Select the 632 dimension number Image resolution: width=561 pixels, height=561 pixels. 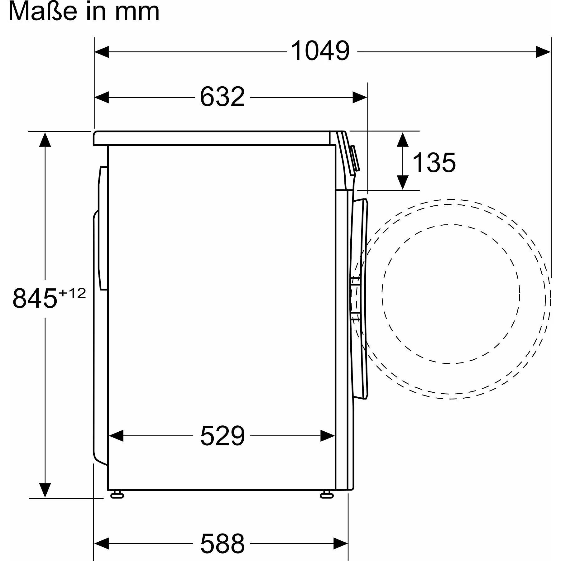222,97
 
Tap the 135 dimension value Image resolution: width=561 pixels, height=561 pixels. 434,162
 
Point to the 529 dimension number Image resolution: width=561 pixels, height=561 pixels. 222,436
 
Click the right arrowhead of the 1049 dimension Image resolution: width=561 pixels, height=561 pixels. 543,52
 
